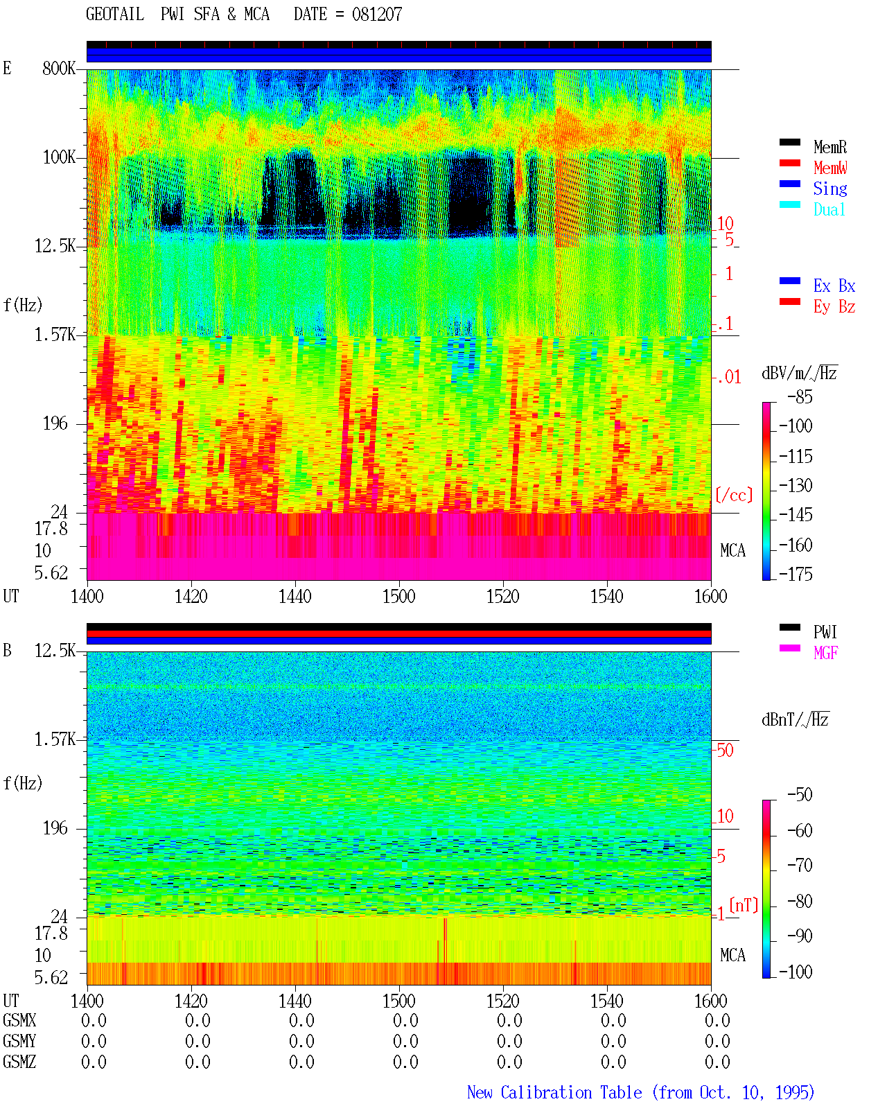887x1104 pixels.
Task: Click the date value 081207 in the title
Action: point(377,15)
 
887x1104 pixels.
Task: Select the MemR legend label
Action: point(830,147)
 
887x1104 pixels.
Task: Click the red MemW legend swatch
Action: point(789,163)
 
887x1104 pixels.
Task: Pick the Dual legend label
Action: point(829,209)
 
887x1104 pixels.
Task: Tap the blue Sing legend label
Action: point(830,189)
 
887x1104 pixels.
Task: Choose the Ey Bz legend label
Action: point(834,307)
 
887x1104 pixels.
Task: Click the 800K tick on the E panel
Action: point(59,68)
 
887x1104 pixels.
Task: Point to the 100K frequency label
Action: point(59,157)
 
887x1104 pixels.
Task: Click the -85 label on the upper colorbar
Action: point(800,396)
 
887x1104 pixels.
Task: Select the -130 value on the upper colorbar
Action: point(796,485)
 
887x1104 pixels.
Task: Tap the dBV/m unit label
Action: point(799,373)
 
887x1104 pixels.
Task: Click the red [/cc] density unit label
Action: point(734,495)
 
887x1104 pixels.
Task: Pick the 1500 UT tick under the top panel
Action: point(398,597)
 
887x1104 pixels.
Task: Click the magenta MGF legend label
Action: point(825,653)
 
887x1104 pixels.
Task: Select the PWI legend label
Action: point(825,632)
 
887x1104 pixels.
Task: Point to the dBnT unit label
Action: point(795,720)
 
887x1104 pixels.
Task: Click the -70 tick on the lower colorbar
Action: point(800,866)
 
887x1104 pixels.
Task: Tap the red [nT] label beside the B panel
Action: point(744,905)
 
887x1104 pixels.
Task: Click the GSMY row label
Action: point(19,1041)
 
